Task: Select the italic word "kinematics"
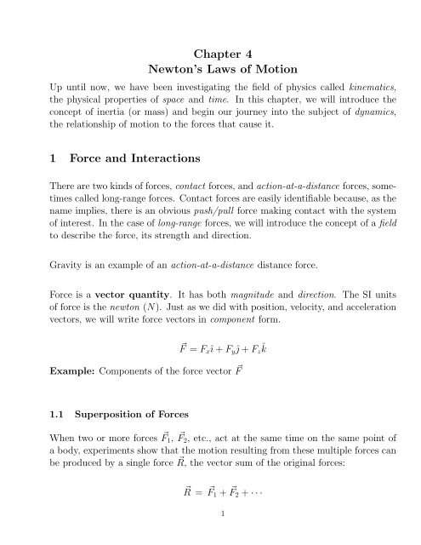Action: coord(359,87)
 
